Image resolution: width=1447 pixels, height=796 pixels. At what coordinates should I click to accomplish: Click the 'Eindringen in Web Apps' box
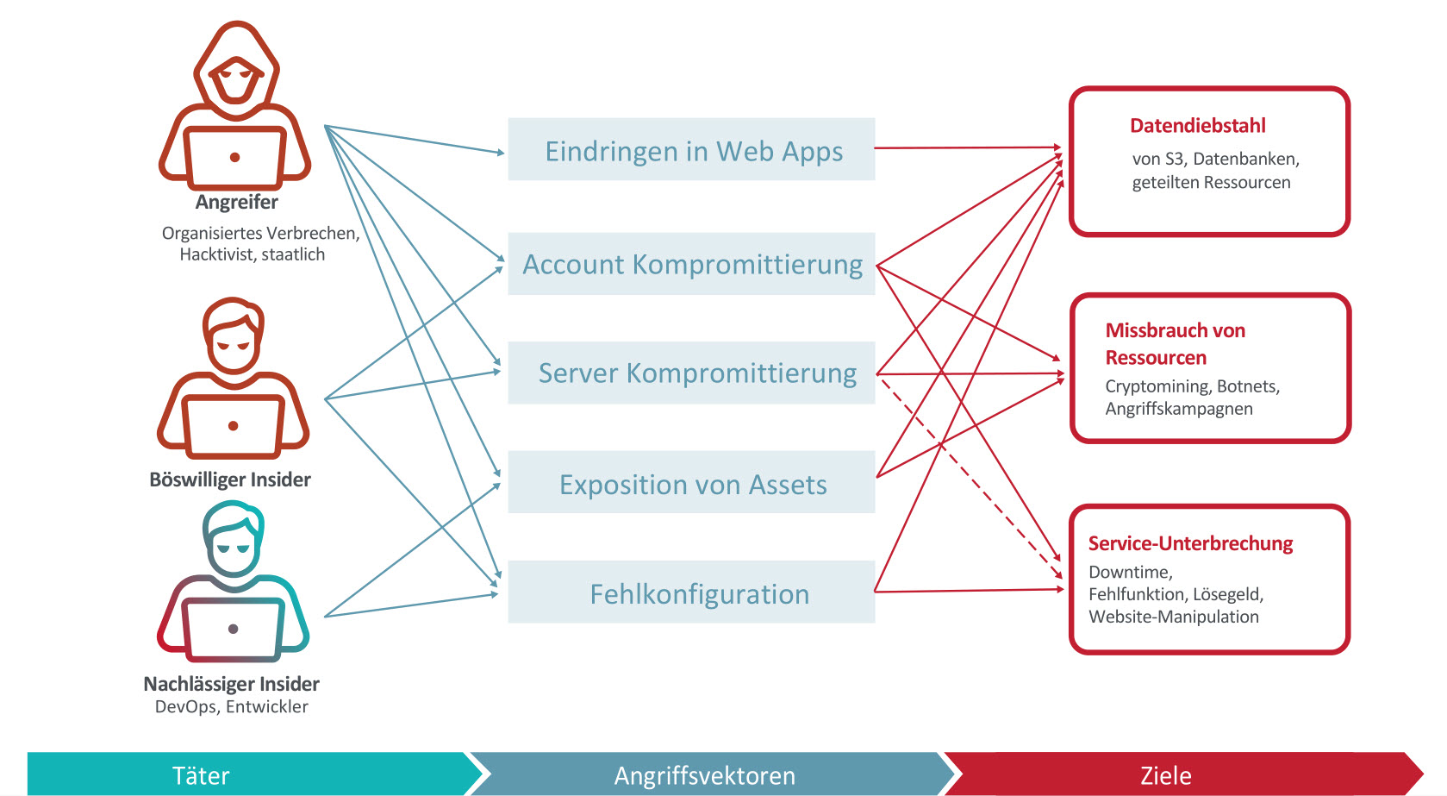pos(691,149)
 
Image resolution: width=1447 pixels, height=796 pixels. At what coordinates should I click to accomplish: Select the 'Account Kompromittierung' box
pos(691,264)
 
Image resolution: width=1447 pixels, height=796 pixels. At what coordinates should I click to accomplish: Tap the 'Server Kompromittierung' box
pos(691,373)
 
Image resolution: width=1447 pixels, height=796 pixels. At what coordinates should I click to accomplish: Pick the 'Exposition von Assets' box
pos(691,482)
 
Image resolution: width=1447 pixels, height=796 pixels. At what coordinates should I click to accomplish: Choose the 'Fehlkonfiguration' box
pos(691,592)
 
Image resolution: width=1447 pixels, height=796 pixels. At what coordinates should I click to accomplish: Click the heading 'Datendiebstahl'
pos(1198,125)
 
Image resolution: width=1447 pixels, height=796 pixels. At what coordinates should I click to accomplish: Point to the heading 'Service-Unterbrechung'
pos(1190,543)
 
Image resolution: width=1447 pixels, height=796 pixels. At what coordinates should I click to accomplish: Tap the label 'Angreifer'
pos(236,203)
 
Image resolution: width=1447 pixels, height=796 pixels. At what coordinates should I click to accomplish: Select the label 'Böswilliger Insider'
pos(230,479)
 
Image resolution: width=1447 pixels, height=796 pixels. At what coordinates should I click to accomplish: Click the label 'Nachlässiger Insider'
pos(231,684)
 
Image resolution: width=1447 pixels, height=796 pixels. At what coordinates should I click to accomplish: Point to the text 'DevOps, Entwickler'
pos(231,707)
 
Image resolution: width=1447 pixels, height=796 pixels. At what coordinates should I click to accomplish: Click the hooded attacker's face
pos(235,80)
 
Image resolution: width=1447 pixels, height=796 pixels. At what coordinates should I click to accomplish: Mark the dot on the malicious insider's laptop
pos(234,425)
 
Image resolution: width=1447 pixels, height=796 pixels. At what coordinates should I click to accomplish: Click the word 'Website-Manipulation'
pos(1174,617)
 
